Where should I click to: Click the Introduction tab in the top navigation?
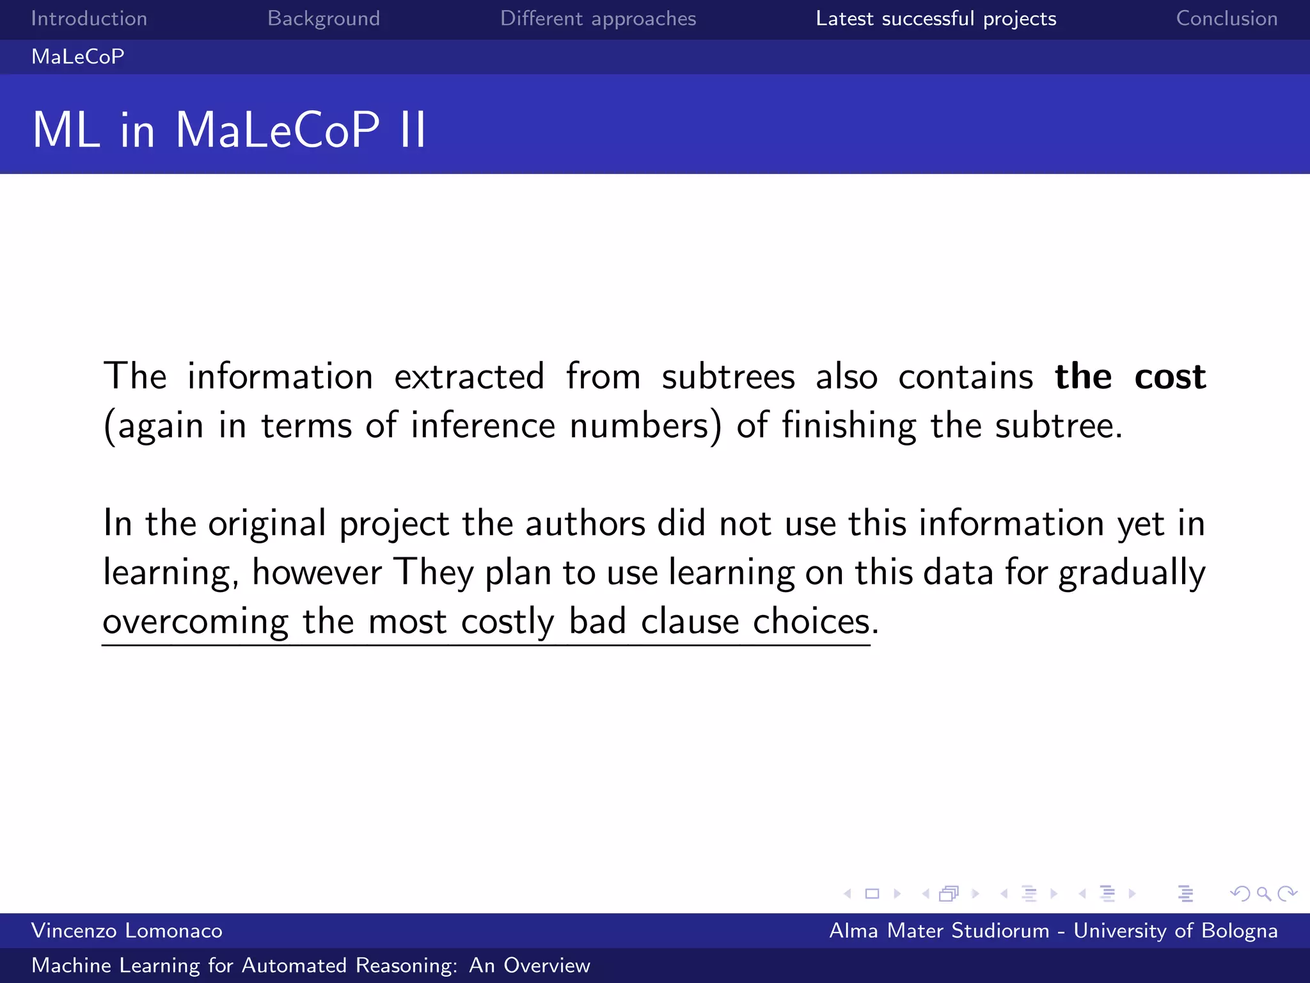click(89, 19)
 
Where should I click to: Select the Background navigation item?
click(324, 19)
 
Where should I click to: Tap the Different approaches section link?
click(598, 19)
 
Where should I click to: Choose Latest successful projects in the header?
click(936, 19)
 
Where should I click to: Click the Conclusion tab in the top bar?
click(1227, 19)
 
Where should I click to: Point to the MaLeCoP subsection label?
click(78, 57)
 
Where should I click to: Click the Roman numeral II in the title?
click(413, 130)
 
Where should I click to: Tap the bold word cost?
click(1170, 376)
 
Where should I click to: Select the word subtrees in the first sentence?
click(728, 376)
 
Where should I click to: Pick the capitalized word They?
click(433, 572)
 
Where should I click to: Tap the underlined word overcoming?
click(196, 622)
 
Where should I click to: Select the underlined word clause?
click(690, 621)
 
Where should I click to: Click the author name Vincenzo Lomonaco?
click(127, 931)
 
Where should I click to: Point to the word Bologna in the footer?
click(1240, 931)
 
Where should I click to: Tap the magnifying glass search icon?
click(1263, 893)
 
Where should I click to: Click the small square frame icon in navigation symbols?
click(872, 893)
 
